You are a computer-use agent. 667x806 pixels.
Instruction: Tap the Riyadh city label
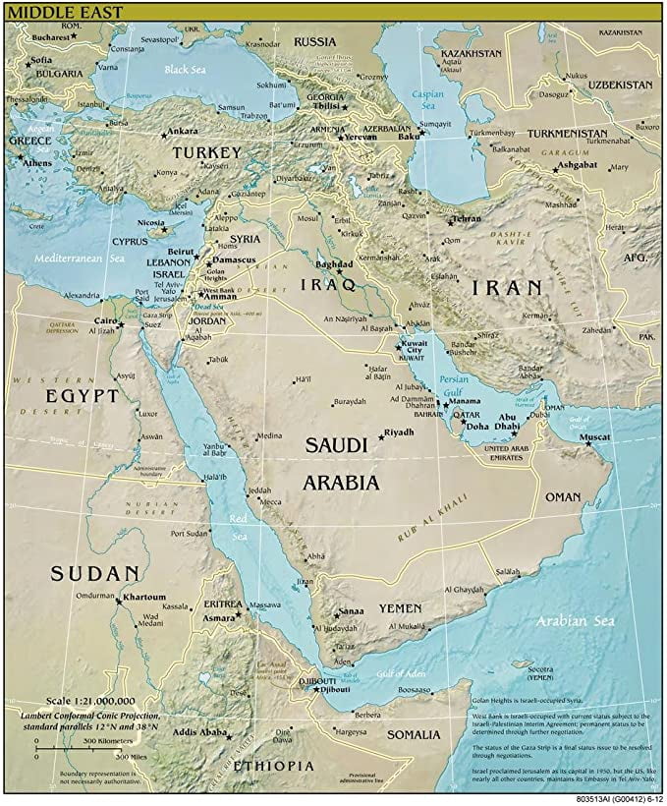(400, 432)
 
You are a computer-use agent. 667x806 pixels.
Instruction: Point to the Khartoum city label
(144, 597)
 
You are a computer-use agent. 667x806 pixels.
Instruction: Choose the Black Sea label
(188, 70)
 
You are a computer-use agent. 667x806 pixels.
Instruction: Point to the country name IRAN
(506, 287)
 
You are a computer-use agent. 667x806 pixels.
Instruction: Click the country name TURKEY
(206, 153)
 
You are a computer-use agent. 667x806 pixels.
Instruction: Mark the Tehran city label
(467, 218)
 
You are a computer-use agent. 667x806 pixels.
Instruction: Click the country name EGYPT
(82, 395)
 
